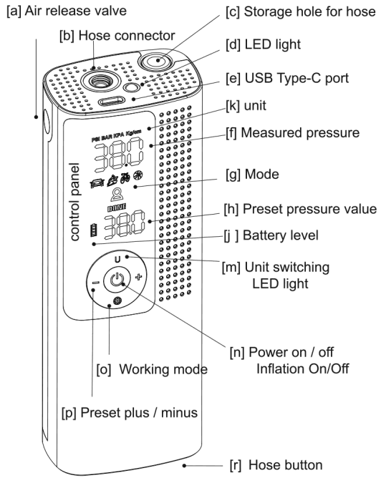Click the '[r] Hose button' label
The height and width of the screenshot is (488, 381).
click(276, 466)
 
